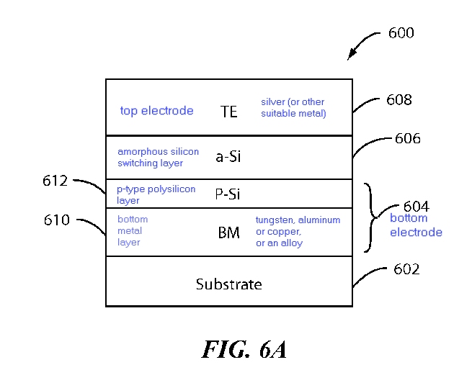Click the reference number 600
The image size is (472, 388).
tap(401, 33)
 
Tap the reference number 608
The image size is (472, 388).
tap(398, 100)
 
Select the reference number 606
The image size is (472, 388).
tap(408, 138)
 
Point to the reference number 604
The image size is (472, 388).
tap(416, 207)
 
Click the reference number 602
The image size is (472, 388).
tap(406, 269)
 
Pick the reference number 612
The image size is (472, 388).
tap(55, 181)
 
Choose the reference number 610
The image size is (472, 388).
tap(57, 220)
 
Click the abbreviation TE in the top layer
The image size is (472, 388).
tap(228, 112)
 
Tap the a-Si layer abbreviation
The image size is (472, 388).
tap(228, 156)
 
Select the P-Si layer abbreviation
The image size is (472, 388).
tap(228, 194)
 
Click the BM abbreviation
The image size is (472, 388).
tap(228, 233)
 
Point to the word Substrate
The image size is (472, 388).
tap(228, 284)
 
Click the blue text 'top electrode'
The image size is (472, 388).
tap(156, 111)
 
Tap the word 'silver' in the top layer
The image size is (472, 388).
tap(272, 102)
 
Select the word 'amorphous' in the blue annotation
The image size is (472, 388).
tap(138, 152)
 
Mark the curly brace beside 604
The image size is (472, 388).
tap(371, 217)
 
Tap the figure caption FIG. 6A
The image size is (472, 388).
tap(244, 349)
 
